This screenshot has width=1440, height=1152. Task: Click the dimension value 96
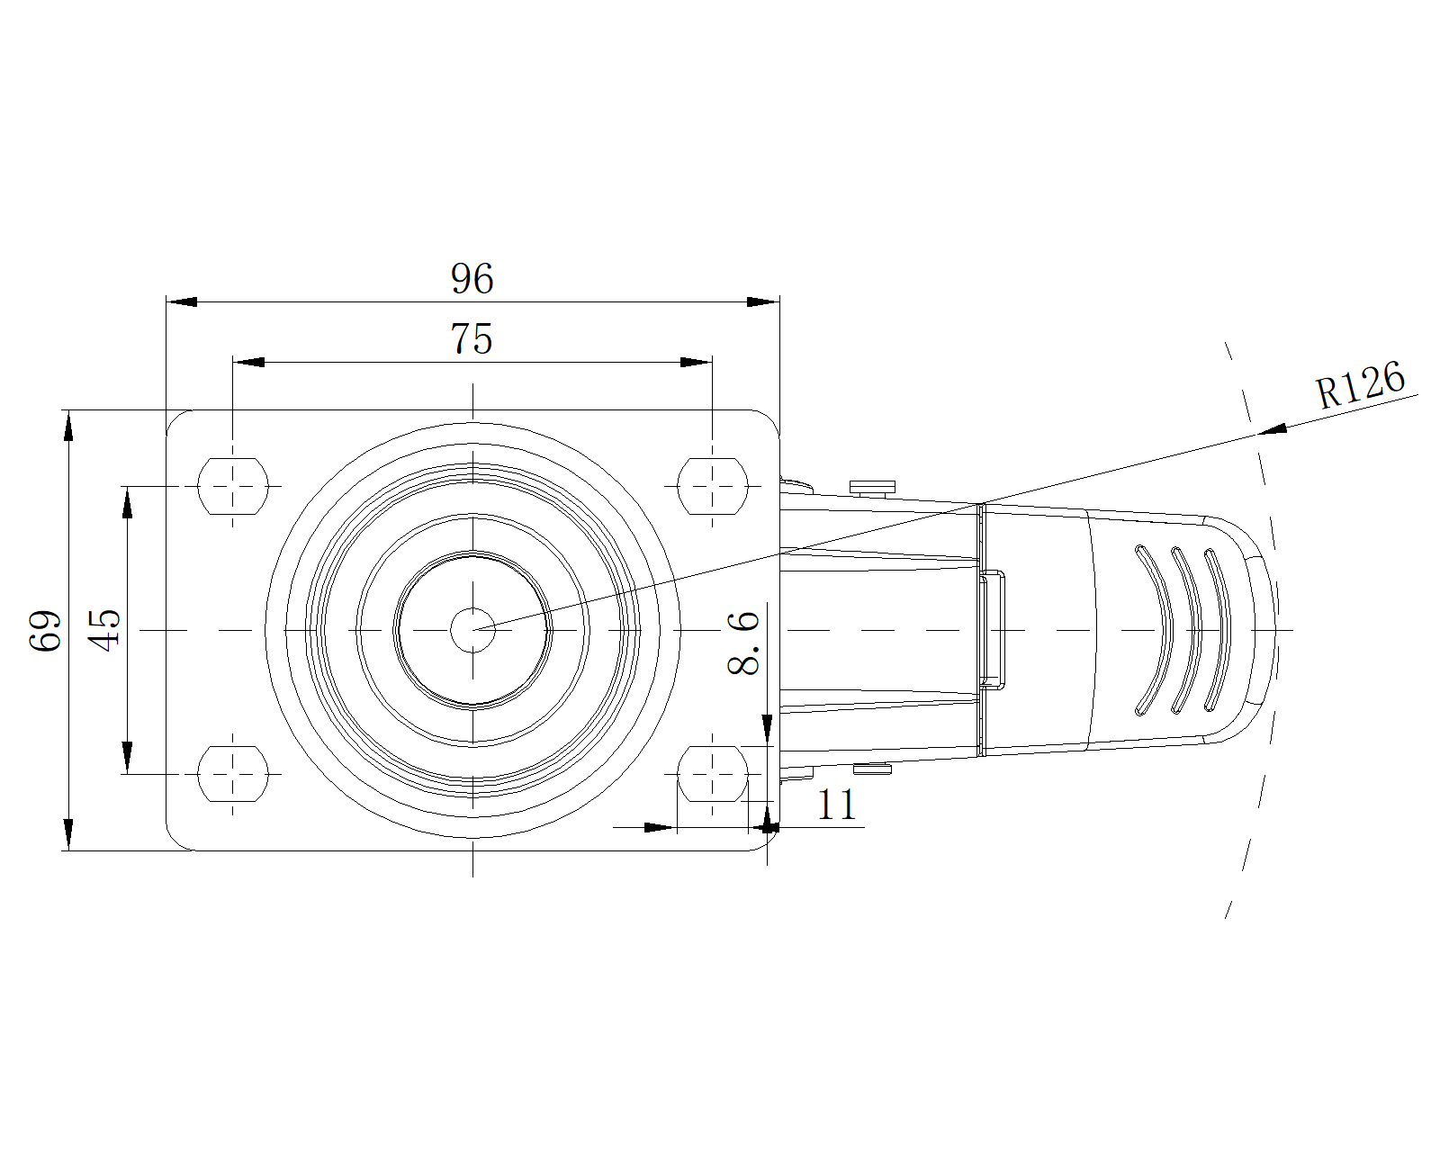[472, 278]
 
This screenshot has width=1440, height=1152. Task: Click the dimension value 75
[472, 338]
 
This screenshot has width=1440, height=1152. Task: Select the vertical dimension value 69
[46, 630]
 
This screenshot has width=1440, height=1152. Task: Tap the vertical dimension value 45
[105, 630]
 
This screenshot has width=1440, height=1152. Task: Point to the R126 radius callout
[1360, 384]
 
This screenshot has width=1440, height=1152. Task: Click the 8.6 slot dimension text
[743, 643]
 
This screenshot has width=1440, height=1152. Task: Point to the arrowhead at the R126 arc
[1273, 429]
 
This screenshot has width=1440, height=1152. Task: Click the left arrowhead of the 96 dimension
[181, 301]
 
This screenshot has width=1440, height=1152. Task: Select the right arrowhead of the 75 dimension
[696, 362]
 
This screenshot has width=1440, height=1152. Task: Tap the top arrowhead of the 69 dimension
[68, 426]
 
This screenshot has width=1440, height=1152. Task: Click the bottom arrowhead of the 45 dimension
[127, 758]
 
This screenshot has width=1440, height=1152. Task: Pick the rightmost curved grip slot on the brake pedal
[1218, 630]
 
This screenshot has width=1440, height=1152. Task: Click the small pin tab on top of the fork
[872, 488]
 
